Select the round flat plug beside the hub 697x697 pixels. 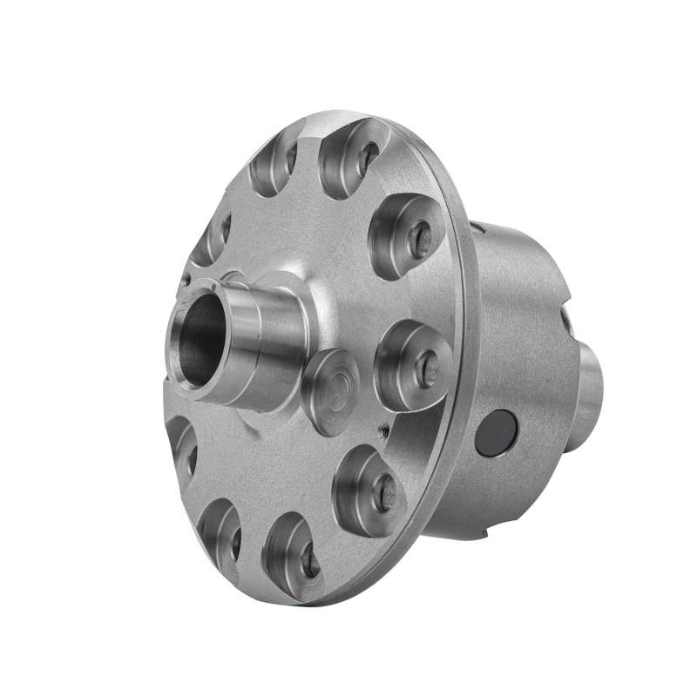pos(331,391)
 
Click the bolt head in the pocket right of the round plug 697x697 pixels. pos(426,367)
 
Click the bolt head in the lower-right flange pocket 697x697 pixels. pos(384,493)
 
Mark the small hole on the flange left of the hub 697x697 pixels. pos(185,281)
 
